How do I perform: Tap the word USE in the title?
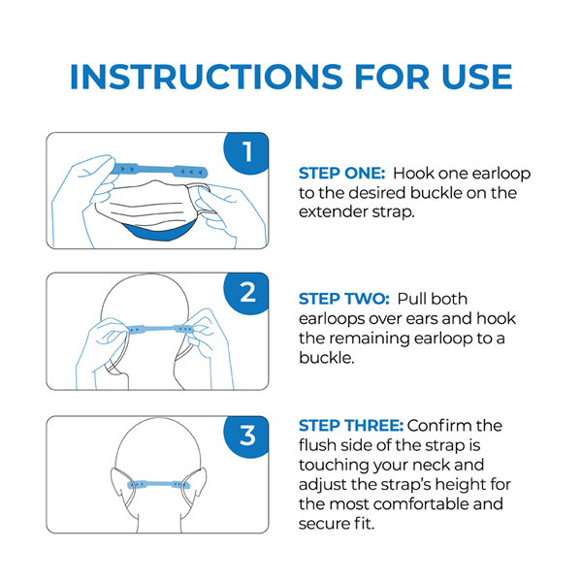point(477,77)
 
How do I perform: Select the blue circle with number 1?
point(246,152)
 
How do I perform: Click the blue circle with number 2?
point(246,293)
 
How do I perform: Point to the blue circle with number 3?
point(246,436)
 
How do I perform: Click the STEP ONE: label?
point(341,174)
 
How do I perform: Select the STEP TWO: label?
point(344,299)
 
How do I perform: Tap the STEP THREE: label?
point(351,426)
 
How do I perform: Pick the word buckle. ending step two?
point(326,358)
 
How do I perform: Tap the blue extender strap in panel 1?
point(160,171)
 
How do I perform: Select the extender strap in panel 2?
point(160,329)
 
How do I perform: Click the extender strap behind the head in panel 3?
point(158,484)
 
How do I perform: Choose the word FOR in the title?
point(392,77)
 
